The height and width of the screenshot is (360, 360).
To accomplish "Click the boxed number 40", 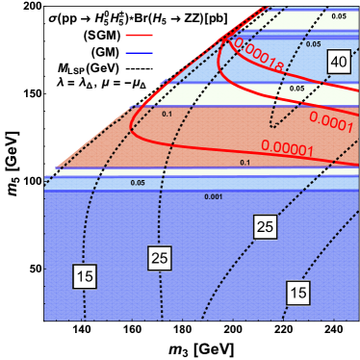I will coord(338,62).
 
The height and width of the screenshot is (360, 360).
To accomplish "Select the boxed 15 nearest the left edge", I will coord(85,276).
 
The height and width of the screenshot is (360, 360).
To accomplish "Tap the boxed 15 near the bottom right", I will coord(298,291).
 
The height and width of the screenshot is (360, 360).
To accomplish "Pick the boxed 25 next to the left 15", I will coord(160,257).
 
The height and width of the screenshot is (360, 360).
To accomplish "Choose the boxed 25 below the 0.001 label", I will coord(265,226).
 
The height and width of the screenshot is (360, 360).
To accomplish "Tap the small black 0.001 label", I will coord(214,196).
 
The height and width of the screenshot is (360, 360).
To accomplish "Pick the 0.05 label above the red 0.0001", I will coord(296,88).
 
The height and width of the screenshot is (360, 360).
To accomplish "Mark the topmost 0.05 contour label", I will coord(338,16).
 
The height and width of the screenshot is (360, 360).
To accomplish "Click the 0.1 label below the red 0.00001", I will coord(244,163).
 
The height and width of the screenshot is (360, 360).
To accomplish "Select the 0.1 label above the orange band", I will coord(167,114).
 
